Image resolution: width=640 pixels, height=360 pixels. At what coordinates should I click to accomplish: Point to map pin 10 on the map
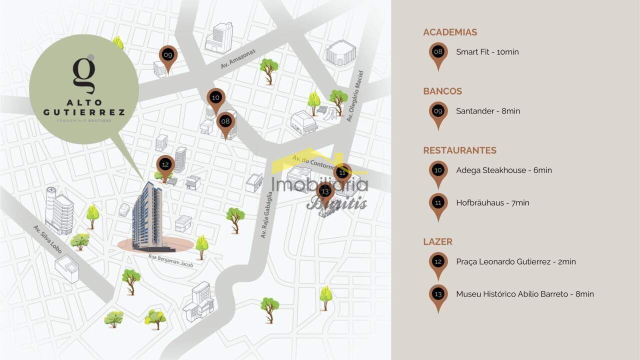[215, 98]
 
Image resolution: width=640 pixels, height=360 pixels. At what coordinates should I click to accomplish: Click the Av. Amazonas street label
[238, 59]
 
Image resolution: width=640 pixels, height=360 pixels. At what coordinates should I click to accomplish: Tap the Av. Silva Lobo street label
[47, 239]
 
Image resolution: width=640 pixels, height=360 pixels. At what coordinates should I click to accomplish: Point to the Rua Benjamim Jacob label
[170, 260]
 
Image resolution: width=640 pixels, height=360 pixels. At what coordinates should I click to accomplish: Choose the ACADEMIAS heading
[450, 32]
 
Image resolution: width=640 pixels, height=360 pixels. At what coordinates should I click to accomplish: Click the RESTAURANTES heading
[459, 150]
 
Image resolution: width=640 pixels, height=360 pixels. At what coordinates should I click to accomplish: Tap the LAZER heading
[437, 242]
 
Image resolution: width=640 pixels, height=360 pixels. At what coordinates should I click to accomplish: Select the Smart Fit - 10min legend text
[487, 52]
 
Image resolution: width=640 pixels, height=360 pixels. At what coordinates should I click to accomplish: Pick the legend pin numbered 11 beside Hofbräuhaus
[438, 203]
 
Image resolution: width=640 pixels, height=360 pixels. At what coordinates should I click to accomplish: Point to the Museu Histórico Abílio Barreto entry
[524, 294]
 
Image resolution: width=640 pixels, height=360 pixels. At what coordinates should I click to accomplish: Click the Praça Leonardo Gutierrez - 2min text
[515, 261]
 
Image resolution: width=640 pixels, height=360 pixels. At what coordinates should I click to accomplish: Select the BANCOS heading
[442, 91]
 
